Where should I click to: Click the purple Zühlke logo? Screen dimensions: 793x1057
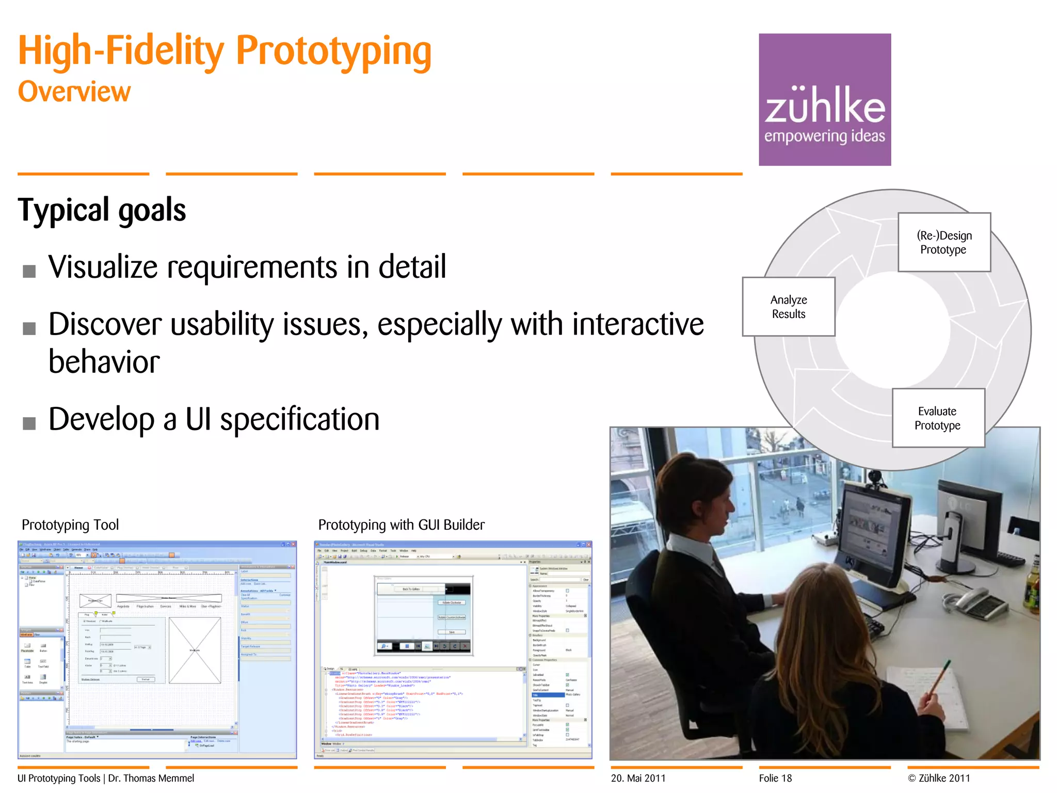click(x=824, y=99)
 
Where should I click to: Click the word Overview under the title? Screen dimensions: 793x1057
click(x=74, y=92)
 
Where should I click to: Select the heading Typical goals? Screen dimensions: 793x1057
click(x=102, y=210)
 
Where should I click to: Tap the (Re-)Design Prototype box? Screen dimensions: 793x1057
click(x=944, y=242)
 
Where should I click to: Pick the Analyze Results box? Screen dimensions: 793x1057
click(x=788, y=307)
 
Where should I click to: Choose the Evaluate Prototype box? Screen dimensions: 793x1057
click(x=938, y=418)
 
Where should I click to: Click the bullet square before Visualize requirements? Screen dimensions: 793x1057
click(x=29, y=271)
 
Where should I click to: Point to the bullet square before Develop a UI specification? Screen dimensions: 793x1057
click(x=29, y=423)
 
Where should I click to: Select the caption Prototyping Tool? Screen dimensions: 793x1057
click(x=70, y=525)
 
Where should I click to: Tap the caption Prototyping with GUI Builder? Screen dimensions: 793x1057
click(x=401, y=525)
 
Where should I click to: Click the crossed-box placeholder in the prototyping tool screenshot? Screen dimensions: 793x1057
click(x=195, y=650)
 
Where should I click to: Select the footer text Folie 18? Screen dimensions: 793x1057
click(x=775, y=778)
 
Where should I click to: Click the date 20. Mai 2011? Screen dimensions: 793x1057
click(x=638, y=778)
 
